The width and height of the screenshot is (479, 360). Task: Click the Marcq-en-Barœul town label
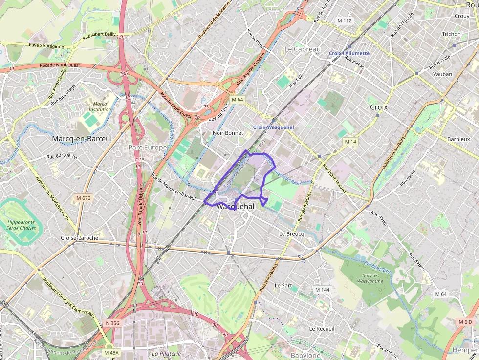(x=82, y=139)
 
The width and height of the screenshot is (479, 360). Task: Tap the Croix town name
(x=378, y=107)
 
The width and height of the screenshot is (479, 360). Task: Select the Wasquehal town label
(x=235, y=207)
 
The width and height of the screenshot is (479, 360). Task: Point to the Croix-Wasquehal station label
(x=273, y=127)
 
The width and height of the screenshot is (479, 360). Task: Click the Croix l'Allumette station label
(x=349, y=53)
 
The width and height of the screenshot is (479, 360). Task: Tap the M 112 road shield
(x=345, y=21)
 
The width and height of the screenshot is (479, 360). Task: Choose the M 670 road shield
(x=84, y=198)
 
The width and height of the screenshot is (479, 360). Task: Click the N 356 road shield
(x=112, y=323)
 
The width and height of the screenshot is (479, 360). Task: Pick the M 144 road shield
(x=322, y=290)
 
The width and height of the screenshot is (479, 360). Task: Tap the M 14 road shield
(x=350, y=141)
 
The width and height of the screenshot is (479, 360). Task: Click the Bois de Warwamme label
(x=370, y=277)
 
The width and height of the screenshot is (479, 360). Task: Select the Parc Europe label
(x=148, y=147)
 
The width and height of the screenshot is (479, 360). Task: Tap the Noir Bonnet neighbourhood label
(x=228, y=133)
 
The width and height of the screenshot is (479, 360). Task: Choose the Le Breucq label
(x=291, y=234)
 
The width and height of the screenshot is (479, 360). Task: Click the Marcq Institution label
(x=100, y=106)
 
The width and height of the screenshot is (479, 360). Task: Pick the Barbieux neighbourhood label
(x=458, y=139)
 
